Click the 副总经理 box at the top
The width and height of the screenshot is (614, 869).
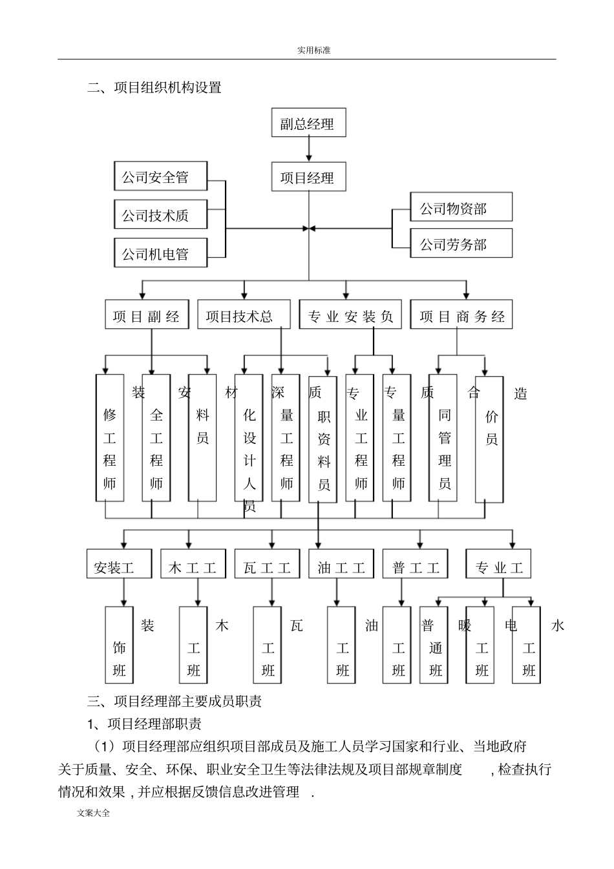[308, 123]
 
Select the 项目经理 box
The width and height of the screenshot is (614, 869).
[308, 176]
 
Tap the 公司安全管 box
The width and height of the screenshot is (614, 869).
[161, 176]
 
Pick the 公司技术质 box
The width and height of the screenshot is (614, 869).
[161, 215]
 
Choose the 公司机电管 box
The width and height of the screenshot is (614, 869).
[161, 253]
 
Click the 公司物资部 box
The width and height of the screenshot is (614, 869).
[461, 207]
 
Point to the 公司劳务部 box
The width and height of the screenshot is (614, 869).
[461, 244]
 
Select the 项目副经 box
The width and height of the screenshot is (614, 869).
[147, 315]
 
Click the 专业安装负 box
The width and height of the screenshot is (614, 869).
[350, 315]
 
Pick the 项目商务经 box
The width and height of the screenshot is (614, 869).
[461, 315]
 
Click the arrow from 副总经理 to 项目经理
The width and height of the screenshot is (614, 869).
[309, 149]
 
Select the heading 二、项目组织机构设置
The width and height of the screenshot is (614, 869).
[154, 87]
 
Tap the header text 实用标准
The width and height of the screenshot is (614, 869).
[313, 50]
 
